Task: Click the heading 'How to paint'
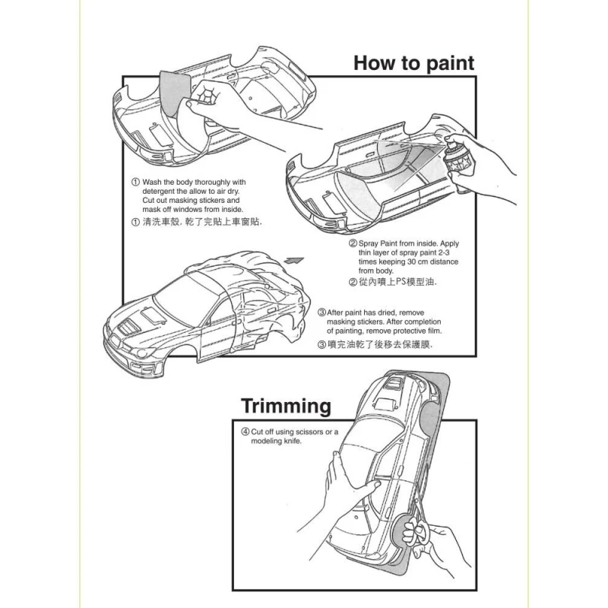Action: pos(413,63)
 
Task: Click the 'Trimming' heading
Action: pos(286,406)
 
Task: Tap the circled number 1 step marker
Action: pos(135,182)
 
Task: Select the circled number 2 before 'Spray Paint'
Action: pos(352,243)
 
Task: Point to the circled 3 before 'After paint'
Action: pos(321,312)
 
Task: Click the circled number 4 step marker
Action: pos(245,432)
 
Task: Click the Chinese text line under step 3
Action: pos(374,344)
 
